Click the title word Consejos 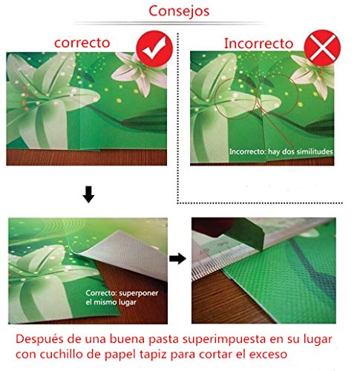[179, 11]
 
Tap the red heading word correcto [82, 43]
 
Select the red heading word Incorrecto [258, 43]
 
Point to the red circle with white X [322, 47]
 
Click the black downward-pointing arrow [88, 194]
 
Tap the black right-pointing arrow [177, 259]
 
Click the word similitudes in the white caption [315, 151]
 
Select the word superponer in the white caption [139, 293]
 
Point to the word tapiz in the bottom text [153, 355]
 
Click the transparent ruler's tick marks [213, 262]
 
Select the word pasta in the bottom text [163, 340]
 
